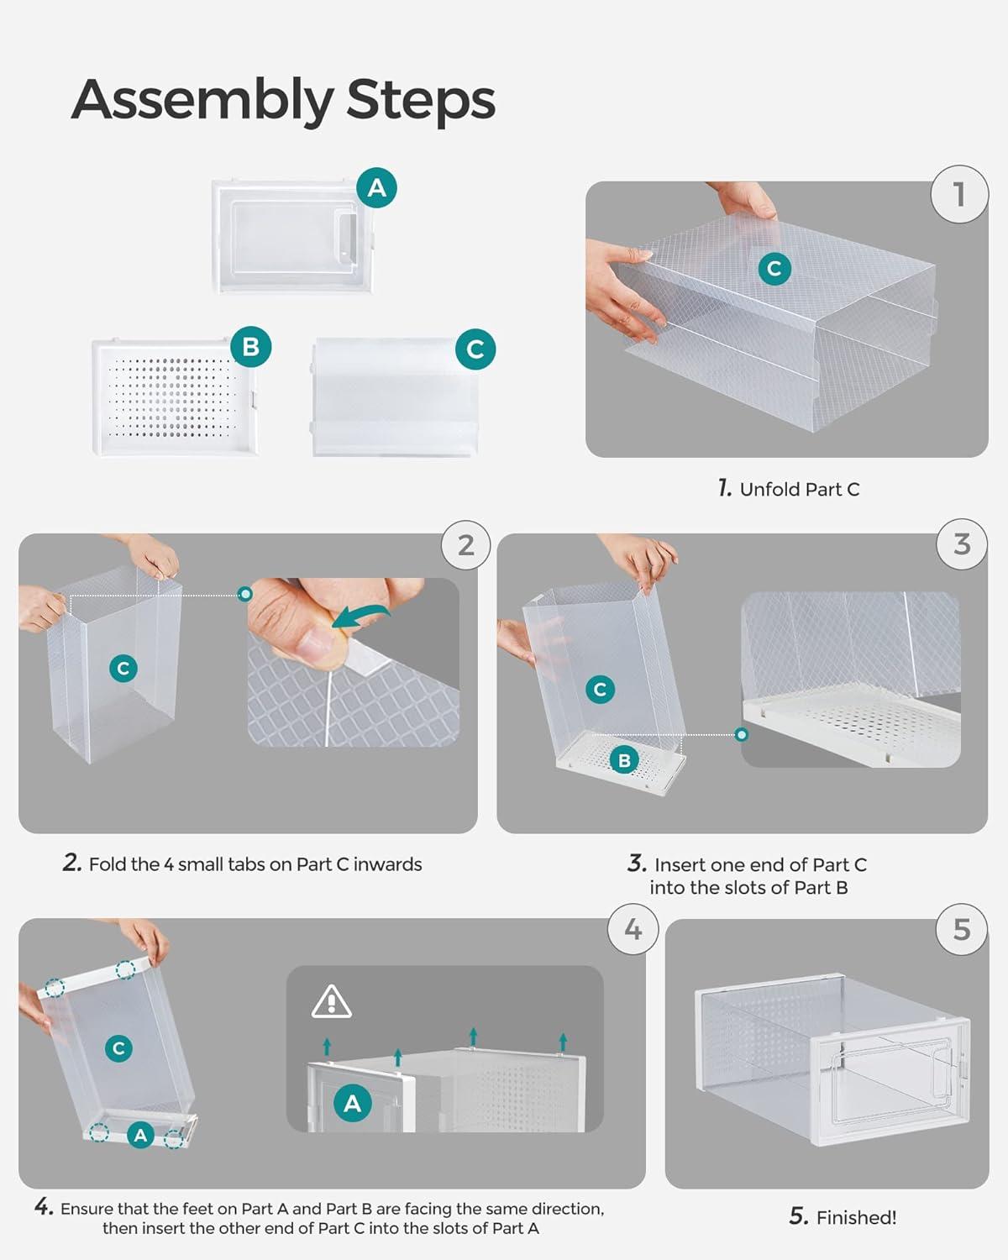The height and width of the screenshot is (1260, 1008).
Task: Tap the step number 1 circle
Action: [x=959, y=194]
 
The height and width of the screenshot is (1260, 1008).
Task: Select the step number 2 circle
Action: [x=466, y=545]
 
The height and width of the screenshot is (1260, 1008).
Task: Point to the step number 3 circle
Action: [x=962, y=544]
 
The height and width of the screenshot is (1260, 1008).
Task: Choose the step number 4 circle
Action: [x=633, y=929]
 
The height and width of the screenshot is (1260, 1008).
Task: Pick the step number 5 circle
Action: [x=962, y=930]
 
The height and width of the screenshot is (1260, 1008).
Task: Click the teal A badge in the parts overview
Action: [x=376, y=187]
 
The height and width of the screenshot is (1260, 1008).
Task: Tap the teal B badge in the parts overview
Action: [x=250, y=346]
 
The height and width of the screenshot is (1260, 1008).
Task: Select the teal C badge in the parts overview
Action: [x=475, y=349]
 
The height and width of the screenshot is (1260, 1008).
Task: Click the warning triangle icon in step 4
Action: [x=332, y=1001]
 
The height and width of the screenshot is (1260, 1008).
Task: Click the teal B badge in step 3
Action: [x=624, y=760]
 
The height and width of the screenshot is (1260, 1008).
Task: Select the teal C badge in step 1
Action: [x=774, y=269]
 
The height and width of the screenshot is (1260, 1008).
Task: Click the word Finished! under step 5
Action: [x=856, y=1217]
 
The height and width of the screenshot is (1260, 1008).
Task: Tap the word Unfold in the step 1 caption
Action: [x=769, y=489]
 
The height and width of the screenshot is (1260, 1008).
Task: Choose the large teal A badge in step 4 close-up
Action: [x=352, y=1103]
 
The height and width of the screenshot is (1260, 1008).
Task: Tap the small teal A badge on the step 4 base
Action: [x=140, y=1136]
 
